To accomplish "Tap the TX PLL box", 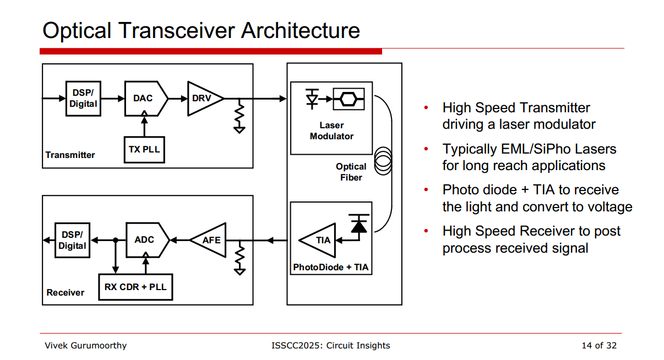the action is (144, 150).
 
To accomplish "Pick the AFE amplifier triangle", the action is (208, 240).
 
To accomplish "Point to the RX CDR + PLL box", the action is (135, 287).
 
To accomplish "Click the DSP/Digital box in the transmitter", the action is (83, 99).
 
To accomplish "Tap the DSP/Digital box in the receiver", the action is (72, 241).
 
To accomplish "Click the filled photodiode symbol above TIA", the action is (359, 225).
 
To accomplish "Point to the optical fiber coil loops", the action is (383, 161).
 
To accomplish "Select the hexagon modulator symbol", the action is (349, 99).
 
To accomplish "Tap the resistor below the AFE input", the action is (240, 258).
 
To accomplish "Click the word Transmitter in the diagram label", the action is (70, 155).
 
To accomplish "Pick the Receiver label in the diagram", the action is (66, 293).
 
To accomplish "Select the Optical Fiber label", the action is (351, 172).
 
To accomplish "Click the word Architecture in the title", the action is (300, 30).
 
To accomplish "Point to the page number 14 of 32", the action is (599, 346).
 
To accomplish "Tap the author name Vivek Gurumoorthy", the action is (86, 346).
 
